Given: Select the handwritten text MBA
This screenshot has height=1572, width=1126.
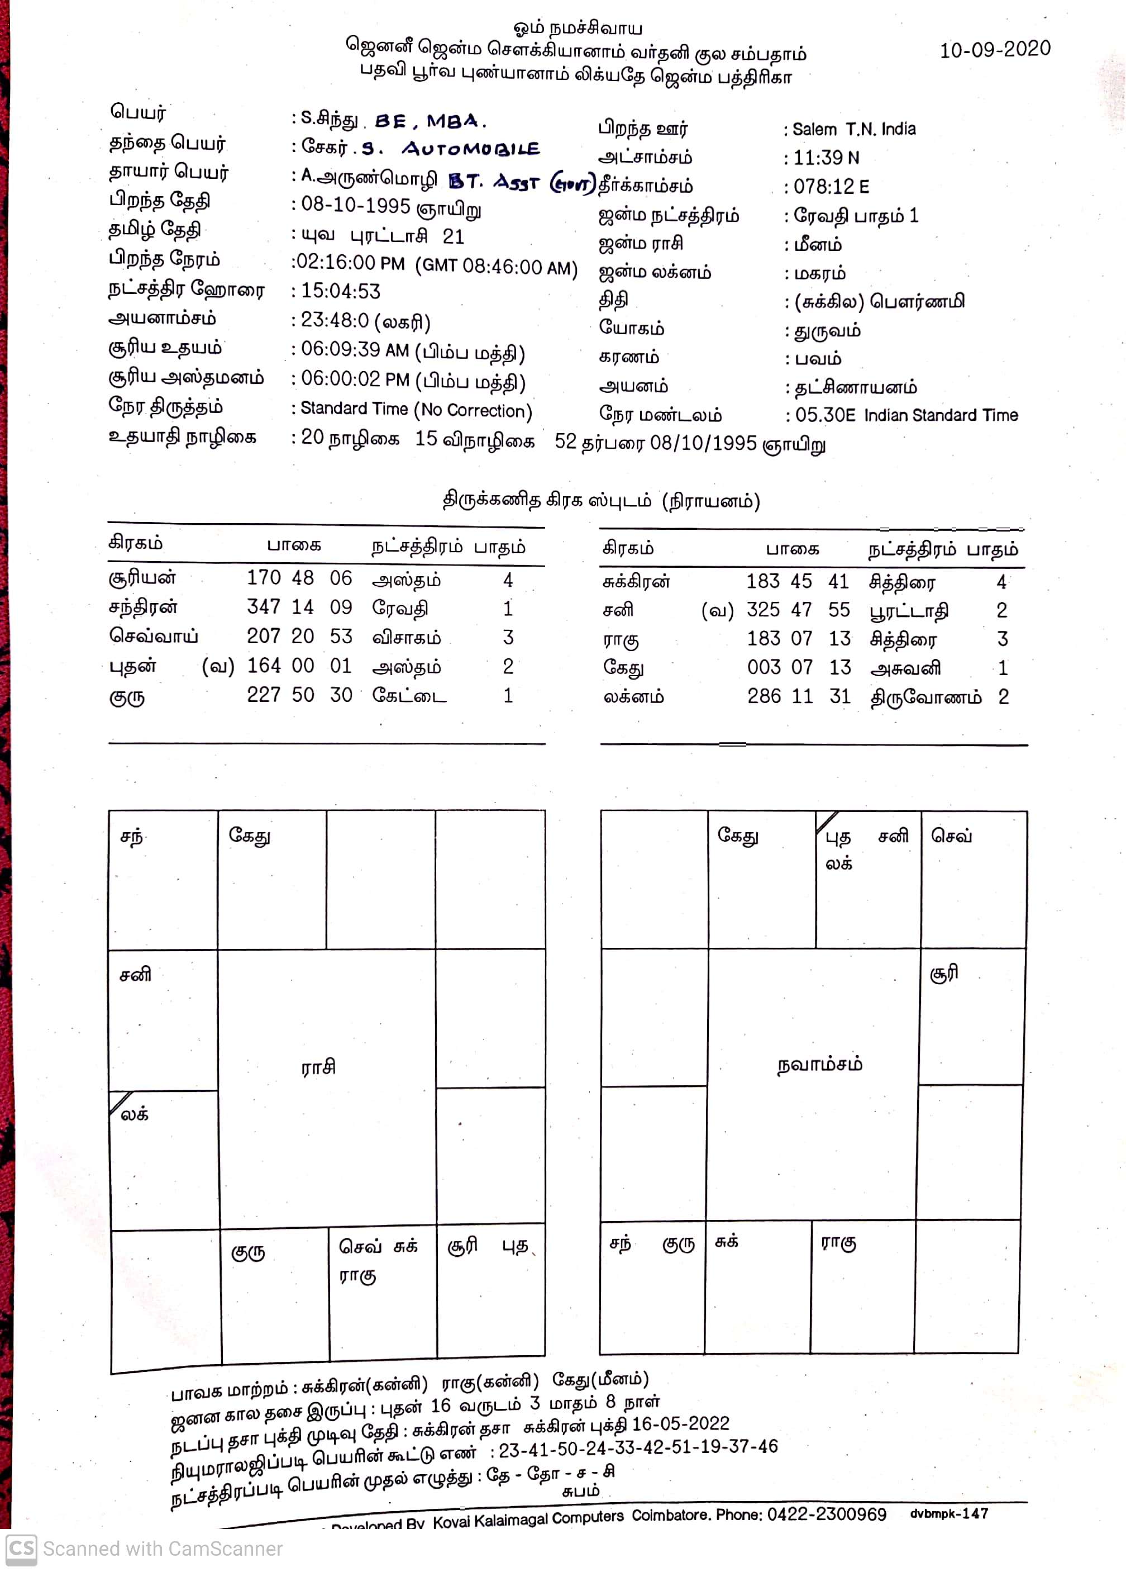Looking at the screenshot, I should click(455, 121).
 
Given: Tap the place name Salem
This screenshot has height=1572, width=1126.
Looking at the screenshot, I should click(814, 130).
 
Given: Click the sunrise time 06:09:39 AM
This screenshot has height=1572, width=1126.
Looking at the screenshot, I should click(354, 350).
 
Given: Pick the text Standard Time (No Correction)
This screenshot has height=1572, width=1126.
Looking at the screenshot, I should click(416, 410).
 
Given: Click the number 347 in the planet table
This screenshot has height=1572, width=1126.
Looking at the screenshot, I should click(263, 607).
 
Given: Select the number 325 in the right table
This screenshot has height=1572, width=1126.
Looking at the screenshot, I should click(763, 610).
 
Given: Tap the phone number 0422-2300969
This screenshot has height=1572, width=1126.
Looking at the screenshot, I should click(826, 1514).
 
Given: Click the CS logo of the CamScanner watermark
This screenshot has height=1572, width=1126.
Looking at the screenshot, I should click(21, 1549).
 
